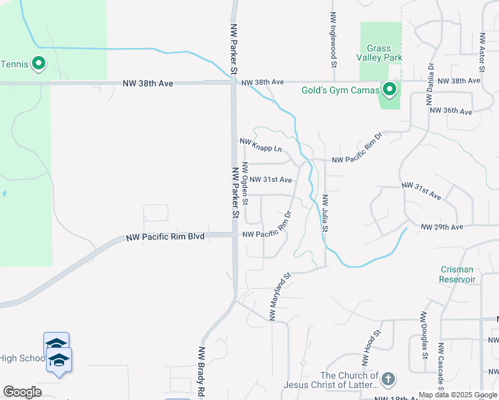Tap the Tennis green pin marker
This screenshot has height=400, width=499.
[x=39, y=65]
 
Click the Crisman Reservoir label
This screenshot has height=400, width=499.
[x=458, y=274]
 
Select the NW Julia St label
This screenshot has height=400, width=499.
[x=325, y=213]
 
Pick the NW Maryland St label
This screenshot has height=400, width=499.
[x=280, y=295]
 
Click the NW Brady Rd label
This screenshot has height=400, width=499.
[x=201, y=371]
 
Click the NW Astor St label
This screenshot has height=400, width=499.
[x=480, y=54]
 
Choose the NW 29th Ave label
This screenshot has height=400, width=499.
[x=442, y=227]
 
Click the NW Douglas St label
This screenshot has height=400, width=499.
[x=424, y=333]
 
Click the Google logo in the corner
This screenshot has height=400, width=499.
[x=22, y=392]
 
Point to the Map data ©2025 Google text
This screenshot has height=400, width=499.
[x=458, y=395]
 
